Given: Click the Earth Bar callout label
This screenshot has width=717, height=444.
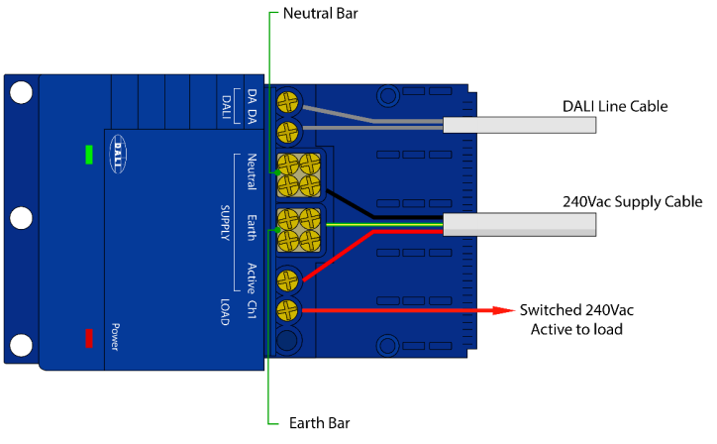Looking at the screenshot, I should tap(316, 423).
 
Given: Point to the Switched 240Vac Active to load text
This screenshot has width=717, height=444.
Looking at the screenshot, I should tap(571, 319).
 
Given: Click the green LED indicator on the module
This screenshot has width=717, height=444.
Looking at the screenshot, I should tap(89, 156).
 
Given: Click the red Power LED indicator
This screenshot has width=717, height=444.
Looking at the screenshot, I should tap(89, 338).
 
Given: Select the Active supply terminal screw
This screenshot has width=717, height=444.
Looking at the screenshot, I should tap(288, 280).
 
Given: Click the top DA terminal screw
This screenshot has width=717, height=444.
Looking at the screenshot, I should tap(288, 101).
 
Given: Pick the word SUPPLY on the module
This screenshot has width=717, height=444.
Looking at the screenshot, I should tap(224, 215).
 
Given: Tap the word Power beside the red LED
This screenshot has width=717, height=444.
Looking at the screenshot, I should tap(115, 338).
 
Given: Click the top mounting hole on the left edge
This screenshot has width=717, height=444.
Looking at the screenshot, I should tap(20, 92).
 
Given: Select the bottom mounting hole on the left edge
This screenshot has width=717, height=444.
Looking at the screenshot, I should tap(20, 346).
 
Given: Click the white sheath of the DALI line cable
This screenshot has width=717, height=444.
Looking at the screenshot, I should tap(520, 125).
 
